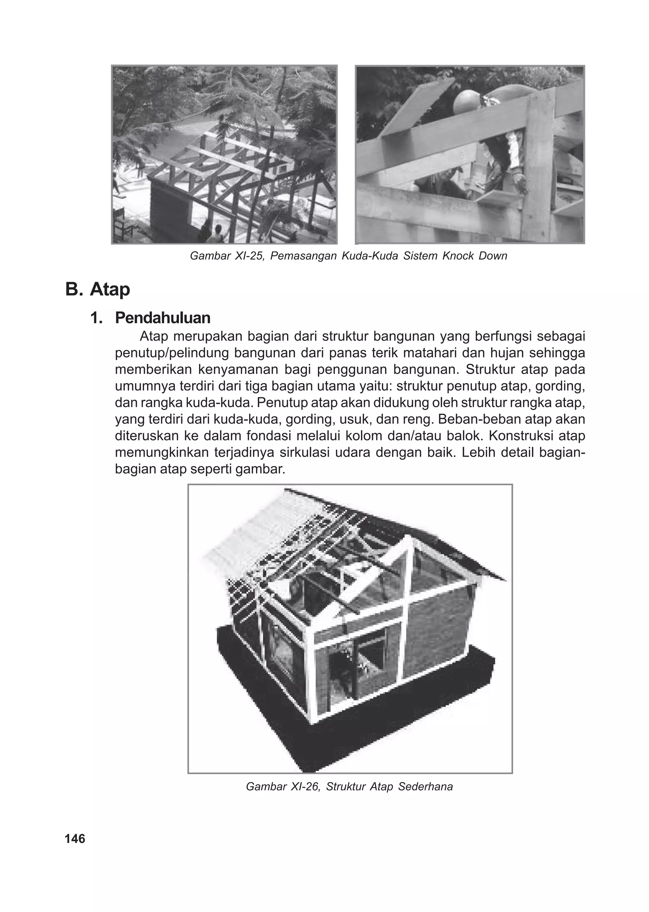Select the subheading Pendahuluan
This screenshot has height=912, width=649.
point(162,318)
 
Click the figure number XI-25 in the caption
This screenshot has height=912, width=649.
point(248,256)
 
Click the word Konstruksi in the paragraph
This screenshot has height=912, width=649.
point(519,436)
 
